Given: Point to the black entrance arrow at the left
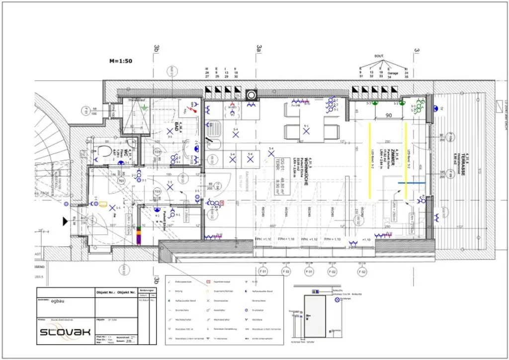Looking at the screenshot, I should click(65, 221).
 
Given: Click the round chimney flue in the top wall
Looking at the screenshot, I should click(252, 95).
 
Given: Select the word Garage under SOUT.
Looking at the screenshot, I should click(393, 73).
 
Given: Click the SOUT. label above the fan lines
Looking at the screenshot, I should click(379, 56).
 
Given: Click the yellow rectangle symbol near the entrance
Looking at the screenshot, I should click(103, 203).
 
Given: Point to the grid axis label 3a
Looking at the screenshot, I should click(258, 48).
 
